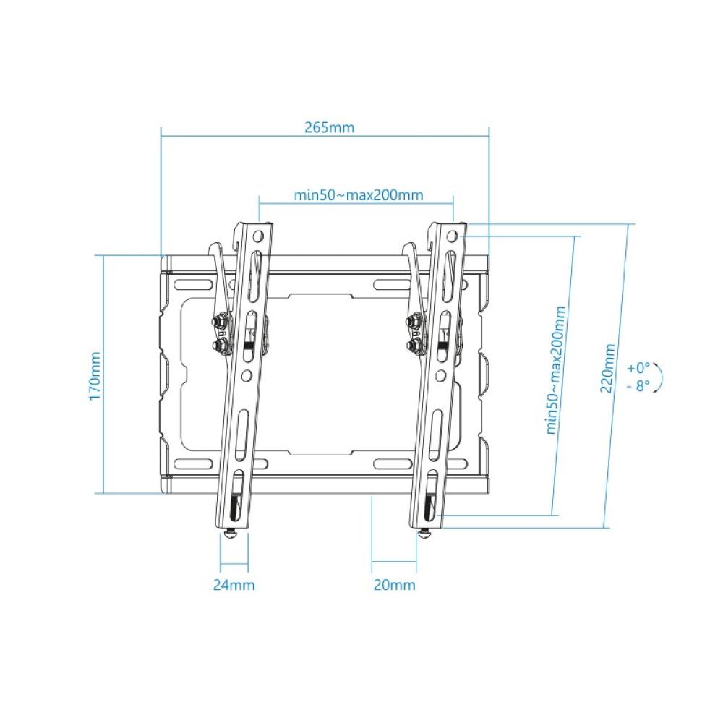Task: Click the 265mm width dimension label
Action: tap(330, 127)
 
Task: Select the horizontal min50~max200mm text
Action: tap(359, 195)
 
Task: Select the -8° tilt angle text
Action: tap(638, 385)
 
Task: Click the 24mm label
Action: tap(233, 585)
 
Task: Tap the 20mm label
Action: tap(394, 585)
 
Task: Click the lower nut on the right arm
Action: tap(414, 346)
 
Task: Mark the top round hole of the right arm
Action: tap(453, 236)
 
